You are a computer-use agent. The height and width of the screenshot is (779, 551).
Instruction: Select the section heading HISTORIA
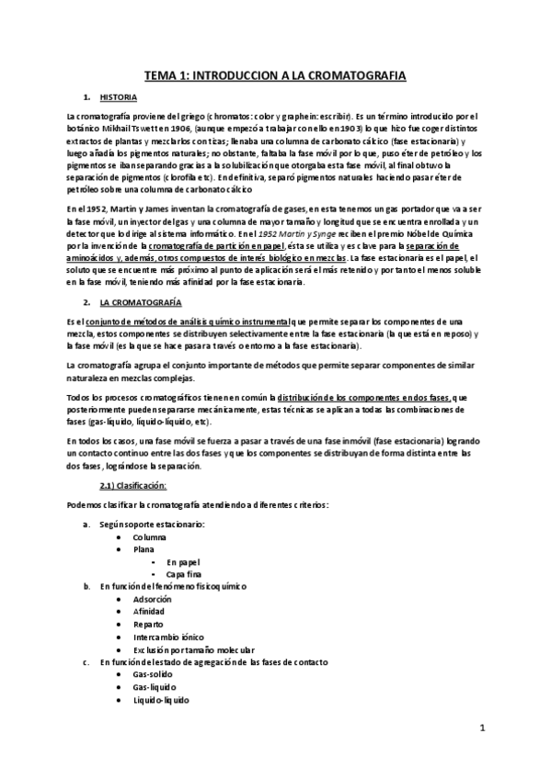click(x=120, y=97)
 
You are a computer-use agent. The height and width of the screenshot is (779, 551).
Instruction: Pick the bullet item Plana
click(x=143, y=548)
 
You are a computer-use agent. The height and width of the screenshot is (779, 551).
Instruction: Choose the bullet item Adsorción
click(x=152, y=598)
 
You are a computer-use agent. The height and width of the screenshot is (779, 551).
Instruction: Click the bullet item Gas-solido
click(x=154, y=673)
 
